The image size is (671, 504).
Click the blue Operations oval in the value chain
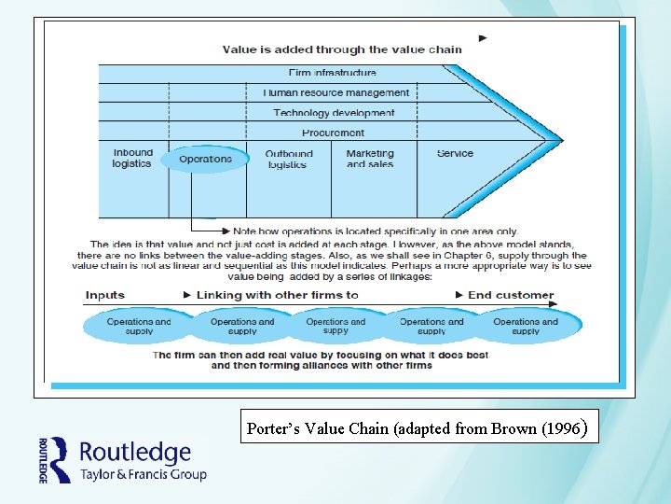point(204,160)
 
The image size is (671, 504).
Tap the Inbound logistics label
point(132,159)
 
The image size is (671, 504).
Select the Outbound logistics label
point(288,160)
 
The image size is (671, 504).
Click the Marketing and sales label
point(370,159)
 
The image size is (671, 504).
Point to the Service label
point(455,154)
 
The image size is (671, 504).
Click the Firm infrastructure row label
point(333,73)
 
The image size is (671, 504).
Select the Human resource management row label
point(335,93)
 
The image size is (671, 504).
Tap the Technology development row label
point(334,113)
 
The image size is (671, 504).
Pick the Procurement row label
point(333,133)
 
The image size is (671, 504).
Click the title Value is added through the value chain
point(341,49)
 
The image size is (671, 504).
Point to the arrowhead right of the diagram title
point(483,39)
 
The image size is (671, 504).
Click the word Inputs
point(105,295)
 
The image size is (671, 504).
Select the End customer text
point(511,295)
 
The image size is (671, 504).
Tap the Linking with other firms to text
point(277,295)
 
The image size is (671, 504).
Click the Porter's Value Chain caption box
point(416,429)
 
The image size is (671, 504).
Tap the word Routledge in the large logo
point(135,454)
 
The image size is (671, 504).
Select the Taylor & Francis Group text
point(143,474)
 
